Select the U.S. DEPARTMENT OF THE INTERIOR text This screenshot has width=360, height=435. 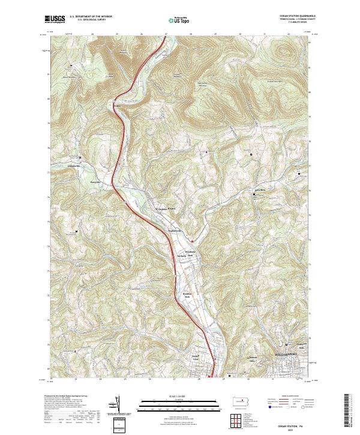[90, 17]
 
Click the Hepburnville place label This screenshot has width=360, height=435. [174, 232]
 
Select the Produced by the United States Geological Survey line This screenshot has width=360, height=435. [66, 396]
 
